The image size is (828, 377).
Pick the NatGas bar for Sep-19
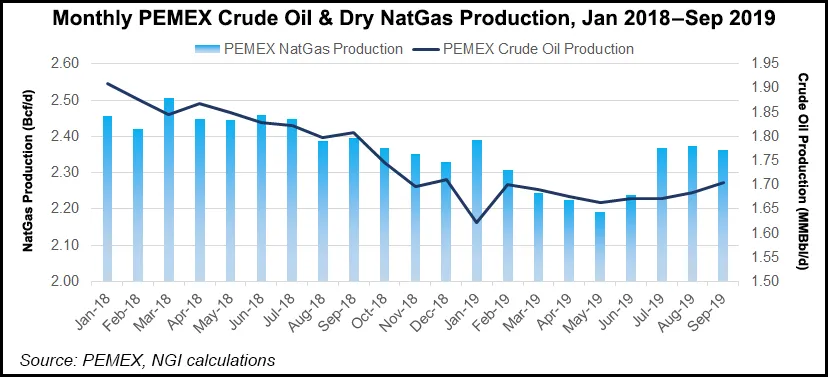(x=722, y=215)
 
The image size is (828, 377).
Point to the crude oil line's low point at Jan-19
(x=476, y=222)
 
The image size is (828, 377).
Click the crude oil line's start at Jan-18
(x=108, y=83)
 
